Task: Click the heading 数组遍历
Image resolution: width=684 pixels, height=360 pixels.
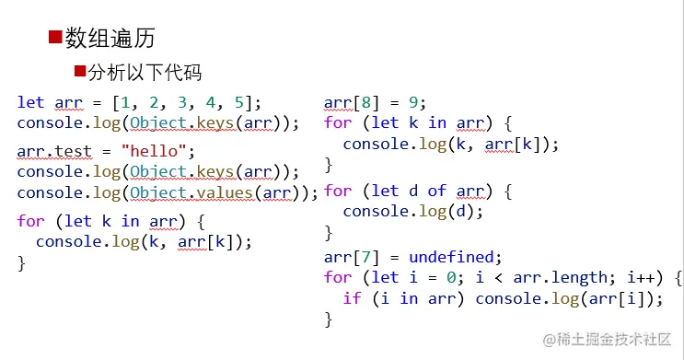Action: click(x=110, y=38)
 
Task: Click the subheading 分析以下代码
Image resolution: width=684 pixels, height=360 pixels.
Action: click(x=145, y=73)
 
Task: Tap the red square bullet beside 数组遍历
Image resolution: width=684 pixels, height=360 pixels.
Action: click(x=54, y=37)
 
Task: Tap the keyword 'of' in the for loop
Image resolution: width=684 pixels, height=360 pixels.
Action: click(x=436, y=191)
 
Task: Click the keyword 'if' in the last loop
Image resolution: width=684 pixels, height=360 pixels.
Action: click(x=352, y=297)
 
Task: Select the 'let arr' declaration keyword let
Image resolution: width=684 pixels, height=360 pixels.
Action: click(x=30, y=102)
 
